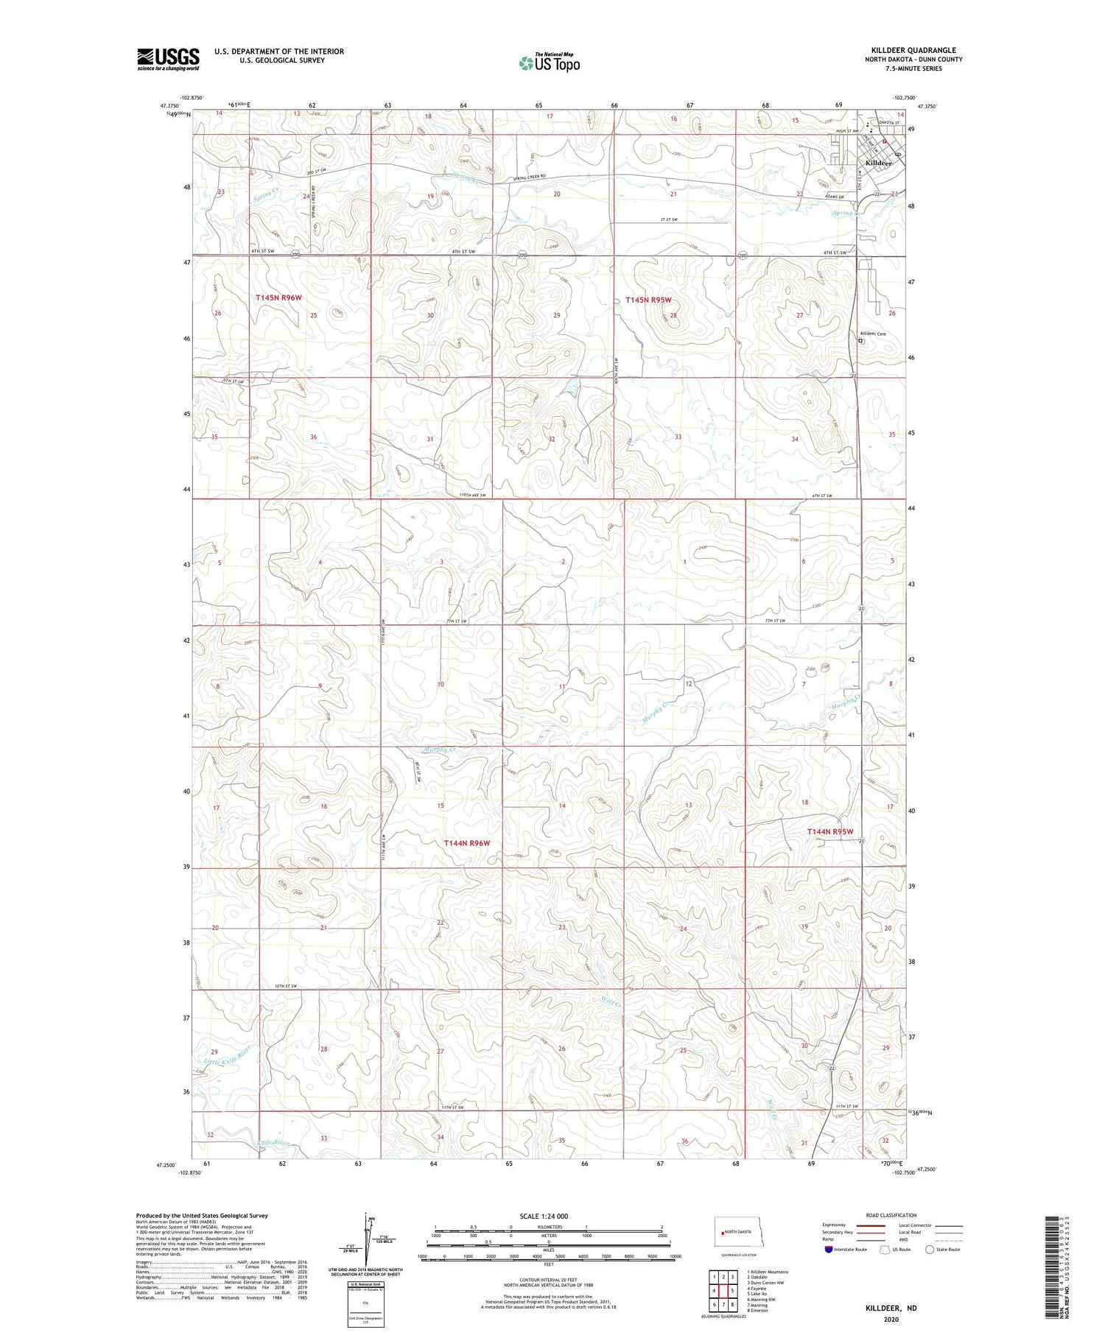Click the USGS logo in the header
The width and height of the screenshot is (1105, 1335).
168,59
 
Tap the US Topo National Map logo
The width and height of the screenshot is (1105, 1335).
550,63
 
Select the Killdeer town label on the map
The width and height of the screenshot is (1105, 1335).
878,163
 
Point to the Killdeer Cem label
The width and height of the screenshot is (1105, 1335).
873,334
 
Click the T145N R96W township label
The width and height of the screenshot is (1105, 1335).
278,297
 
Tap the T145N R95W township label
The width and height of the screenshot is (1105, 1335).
648,300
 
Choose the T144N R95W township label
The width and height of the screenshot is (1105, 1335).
829,831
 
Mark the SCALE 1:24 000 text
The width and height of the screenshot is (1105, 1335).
543,1216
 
